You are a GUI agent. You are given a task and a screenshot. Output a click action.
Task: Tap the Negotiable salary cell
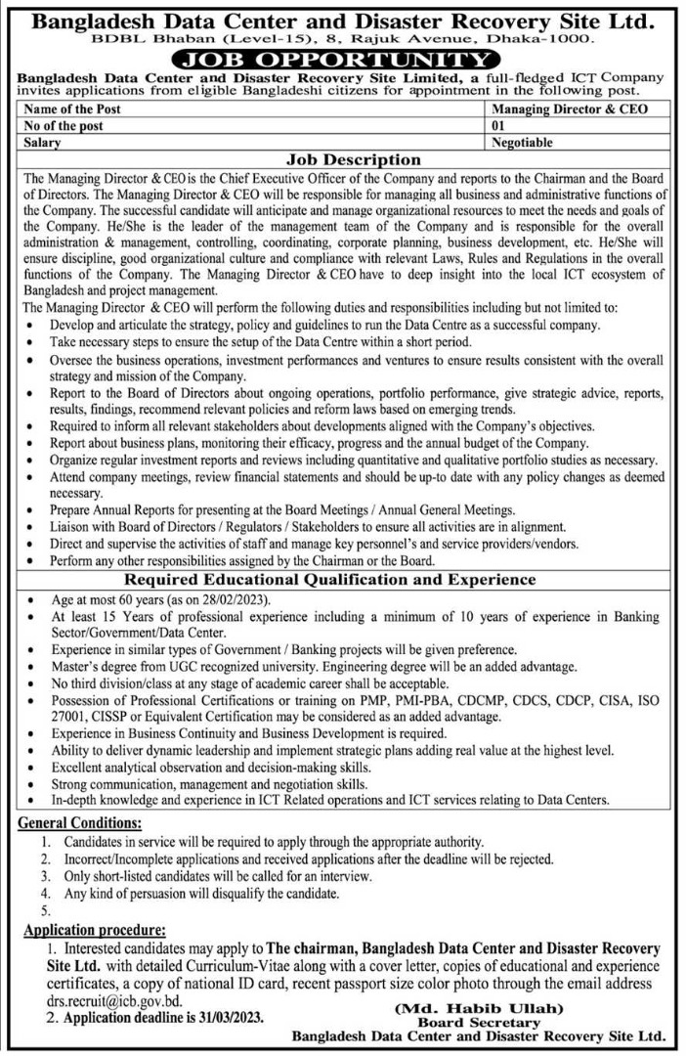point(525,143)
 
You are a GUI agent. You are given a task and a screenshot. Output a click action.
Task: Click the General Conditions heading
point(81,824)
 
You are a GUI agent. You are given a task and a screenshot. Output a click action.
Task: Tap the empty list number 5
point(46,911)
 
